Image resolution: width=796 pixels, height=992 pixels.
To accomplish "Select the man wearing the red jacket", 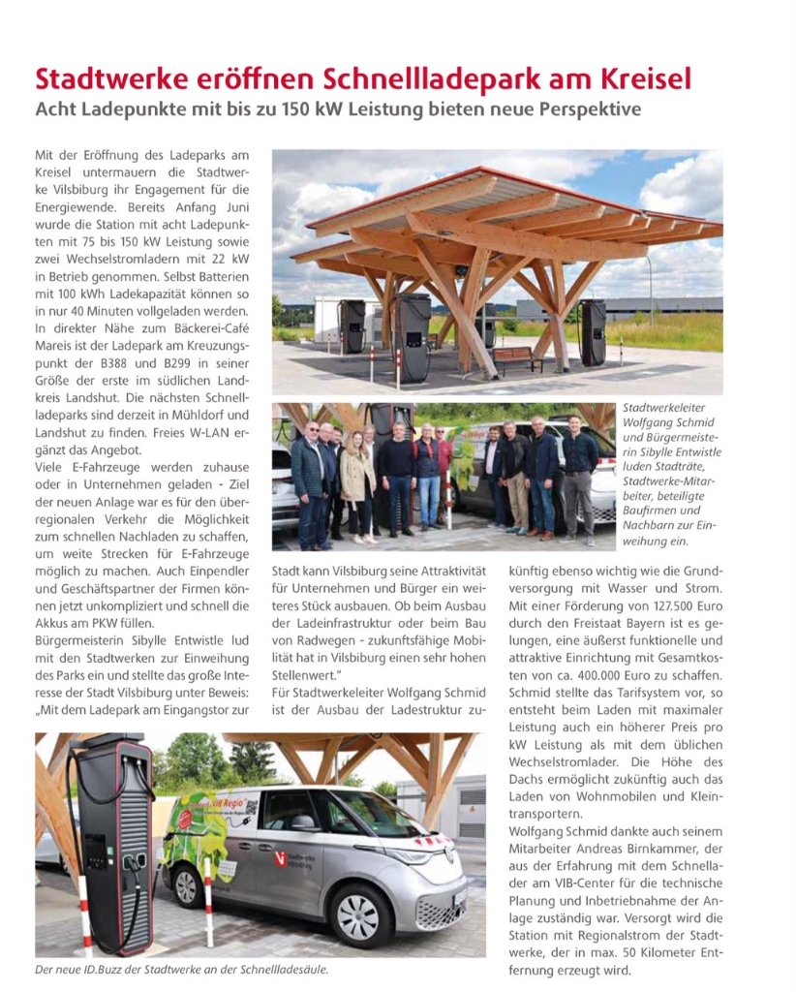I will (x=444, y=470).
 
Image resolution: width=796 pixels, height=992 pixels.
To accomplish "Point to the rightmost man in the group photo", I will (x=580, y=475).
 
